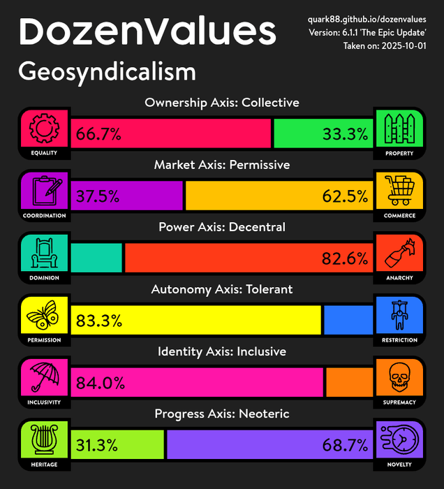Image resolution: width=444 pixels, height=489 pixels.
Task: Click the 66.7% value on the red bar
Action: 98,134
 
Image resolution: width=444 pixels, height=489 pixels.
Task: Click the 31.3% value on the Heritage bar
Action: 98,445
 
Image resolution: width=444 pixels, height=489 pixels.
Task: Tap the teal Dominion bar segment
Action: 96,258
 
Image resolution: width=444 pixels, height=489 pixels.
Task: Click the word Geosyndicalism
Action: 108,72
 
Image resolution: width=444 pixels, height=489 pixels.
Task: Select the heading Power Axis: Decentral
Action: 222,227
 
